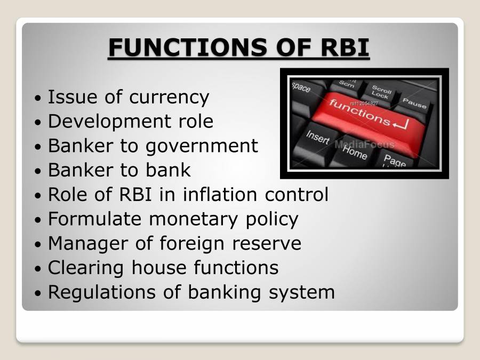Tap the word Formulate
coord(95,219)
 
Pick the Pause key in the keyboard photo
coord(414,102)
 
